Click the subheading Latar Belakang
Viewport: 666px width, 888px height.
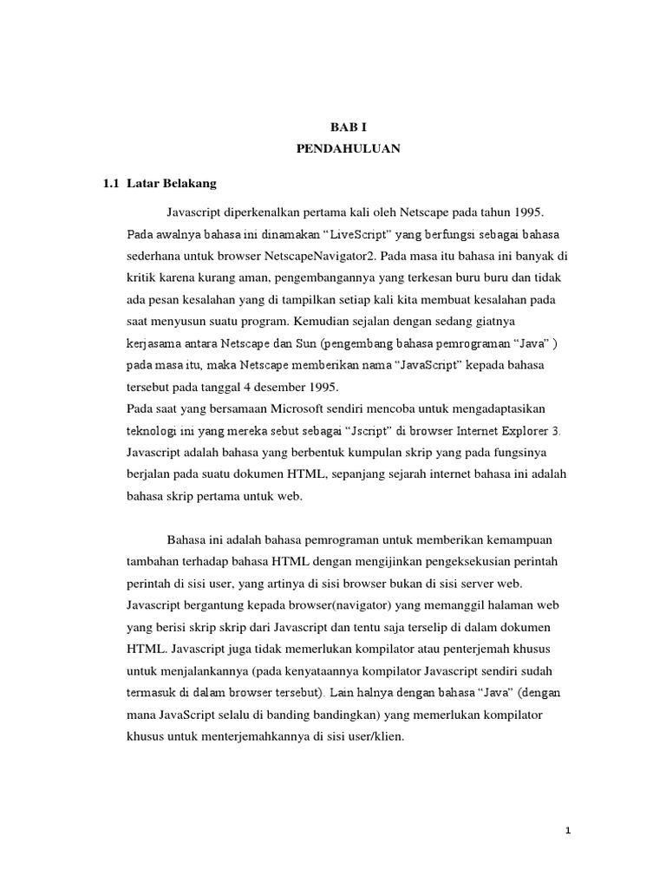tap(172, 184)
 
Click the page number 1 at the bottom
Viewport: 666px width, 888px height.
tap(568, 831)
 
